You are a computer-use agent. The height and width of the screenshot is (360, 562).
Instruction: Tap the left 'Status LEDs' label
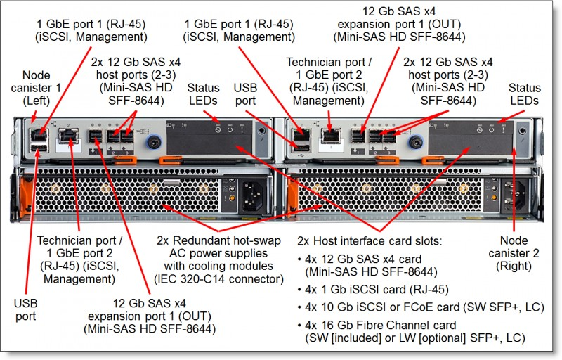tap(205, 94)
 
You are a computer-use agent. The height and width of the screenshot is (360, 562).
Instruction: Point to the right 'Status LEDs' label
tap(525, 94)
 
